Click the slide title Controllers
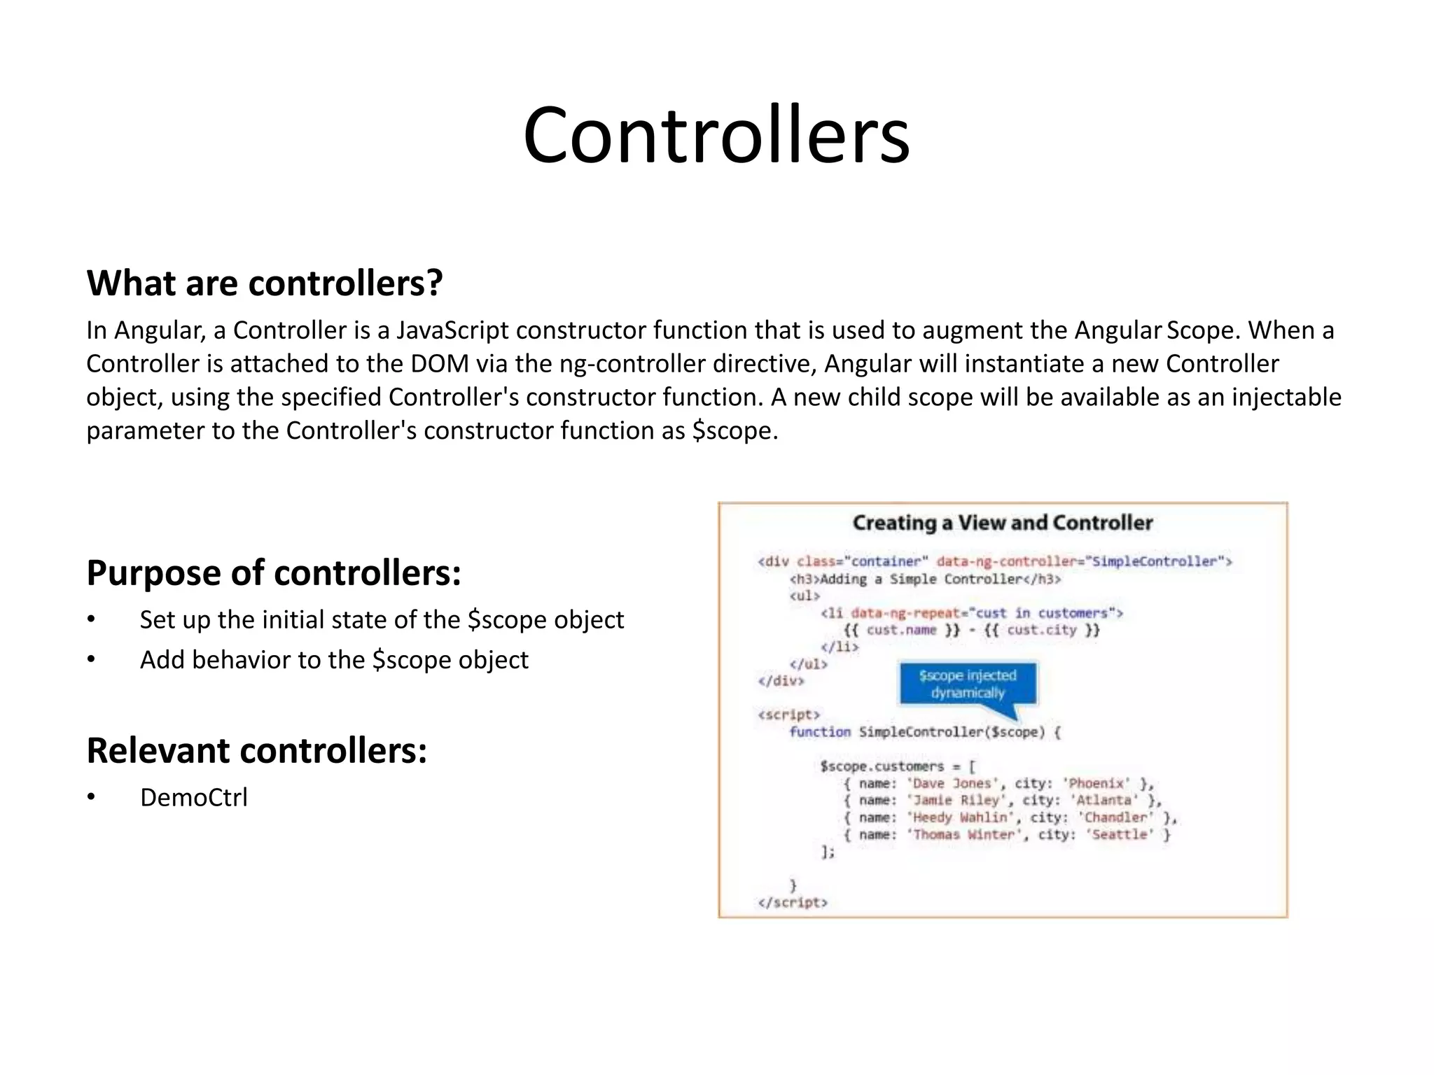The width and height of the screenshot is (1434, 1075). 716,135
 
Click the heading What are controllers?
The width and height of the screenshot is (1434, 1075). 265,283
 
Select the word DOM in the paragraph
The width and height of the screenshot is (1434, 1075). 439,364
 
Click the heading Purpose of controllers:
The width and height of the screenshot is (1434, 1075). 274,572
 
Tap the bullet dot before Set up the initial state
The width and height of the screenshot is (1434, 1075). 91,620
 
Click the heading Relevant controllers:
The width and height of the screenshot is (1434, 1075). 256,750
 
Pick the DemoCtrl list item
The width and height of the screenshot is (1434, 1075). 193,798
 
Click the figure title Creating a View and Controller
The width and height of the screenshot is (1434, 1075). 1002,523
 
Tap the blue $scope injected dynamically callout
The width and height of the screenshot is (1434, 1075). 967,684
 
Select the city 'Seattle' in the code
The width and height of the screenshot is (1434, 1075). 1120,835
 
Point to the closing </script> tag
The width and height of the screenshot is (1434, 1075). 792,903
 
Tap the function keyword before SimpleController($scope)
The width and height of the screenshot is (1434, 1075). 819,732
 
